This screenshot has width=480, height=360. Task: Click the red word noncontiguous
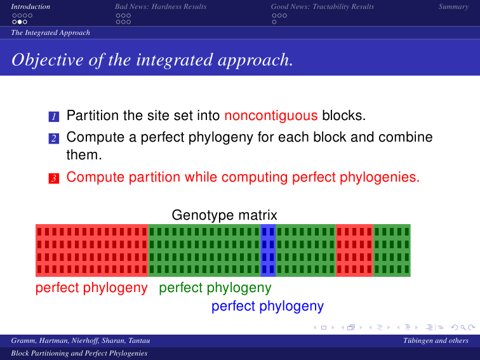271,116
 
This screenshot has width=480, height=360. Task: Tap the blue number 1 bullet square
54,117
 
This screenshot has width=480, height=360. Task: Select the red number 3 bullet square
54,178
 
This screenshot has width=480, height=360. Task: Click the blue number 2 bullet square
54,138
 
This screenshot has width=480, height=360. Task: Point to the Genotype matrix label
224,215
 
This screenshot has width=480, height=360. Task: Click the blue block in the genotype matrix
268,250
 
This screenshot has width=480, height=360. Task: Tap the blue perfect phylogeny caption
267,306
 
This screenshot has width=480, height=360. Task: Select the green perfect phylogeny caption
215,288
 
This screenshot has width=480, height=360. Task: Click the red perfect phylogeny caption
91,288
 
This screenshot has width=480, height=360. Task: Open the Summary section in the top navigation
453,7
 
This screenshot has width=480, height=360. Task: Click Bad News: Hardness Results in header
161,7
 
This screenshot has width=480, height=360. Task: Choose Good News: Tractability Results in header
323,7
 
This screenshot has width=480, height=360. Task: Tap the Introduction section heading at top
30,7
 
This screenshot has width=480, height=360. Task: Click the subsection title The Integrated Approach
51,33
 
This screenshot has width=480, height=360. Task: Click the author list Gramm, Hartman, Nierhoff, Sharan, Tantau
81,341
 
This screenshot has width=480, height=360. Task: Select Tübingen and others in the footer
436,341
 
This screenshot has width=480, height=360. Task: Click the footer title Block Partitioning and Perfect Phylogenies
79,353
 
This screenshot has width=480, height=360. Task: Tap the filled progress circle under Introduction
20,22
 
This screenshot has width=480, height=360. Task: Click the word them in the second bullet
84,155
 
